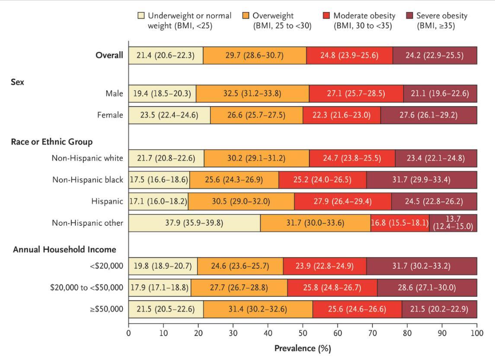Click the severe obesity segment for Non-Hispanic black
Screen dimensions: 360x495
[x=422, y=180]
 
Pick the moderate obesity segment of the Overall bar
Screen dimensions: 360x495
[x=349, y=55]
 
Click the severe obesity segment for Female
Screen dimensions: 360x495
[x=428, y=115]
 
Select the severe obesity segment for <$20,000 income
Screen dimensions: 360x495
[x=422, y=266]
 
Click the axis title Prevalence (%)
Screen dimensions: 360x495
[x=303, y=348]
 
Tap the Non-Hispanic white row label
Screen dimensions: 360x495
[x=87, y=159]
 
